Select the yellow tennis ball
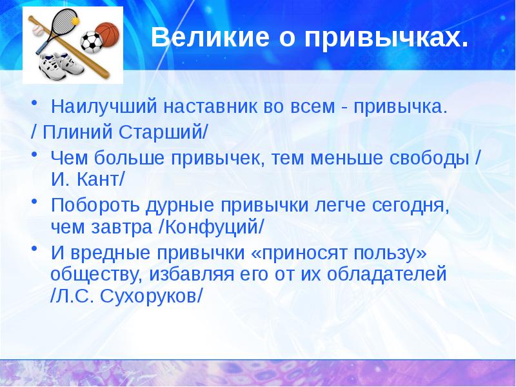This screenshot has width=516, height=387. [x=75, y=21]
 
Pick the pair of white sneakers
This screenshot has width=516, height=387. [x=58, y=65]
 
